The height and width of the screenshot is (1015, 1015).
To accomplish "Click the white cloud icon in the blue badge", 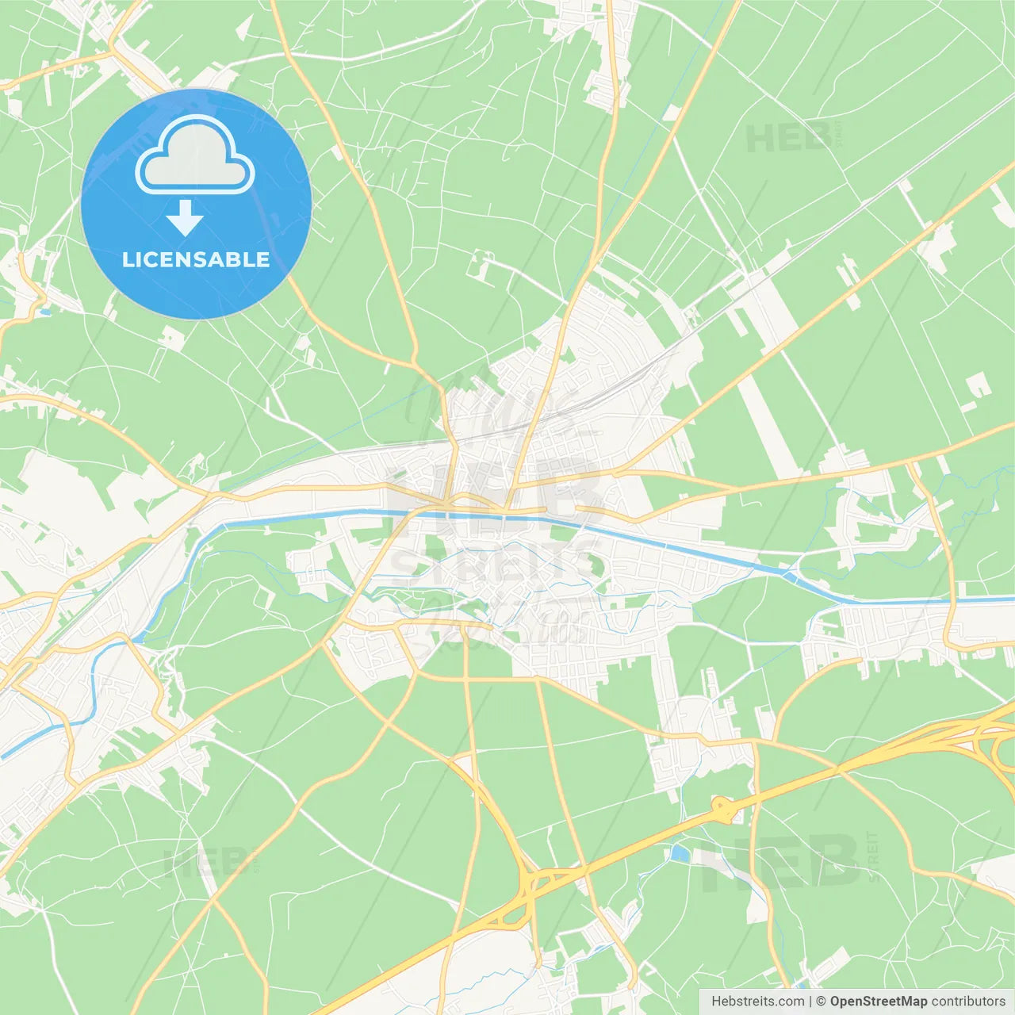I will pyautogui.click(x=195, y=155).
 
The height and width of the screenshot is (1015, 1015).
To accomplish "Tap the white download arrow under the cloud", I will pyautogui.click(x=185, y=218).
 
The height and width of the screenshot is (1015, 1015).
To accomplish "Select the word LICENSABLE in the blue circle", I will pyautogui.click(x=196, y=259).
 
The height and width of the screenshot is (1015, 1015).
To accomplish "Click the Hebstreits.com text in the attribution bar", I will pyautogui.click(x=758, y=1002).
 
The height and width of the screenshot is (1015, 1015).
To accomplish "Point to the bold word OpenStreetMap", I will pyautogui.click(x=879, y=1002).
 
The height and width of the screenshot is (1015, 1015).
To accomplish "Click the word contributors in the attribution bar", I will pyautogui.click(x=968, y=1002).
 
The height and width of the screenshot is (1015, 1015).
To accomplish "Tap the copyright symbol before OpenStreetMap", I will pyautogui.click(x=822, y=1002).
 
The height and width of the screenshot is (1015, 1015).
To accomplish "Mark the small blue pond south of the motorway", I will pyautogui.click(x=680, y=854).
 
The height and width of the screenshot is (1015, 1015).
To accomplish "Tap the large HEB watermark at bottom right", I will pyautogui.click(x=781, y=861).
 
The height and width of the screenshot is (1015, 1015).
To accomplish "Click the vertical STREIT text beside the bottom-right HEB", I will pyautogui.click(x=873, y=856).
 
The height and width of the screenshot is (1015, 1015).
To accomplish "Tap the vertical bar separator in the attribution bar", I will pyautogui.click(x=810, y=1002).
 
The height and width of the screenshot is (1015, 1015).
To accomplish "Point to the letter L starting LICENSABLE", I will pyautogui.click(x=128, y=259).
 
